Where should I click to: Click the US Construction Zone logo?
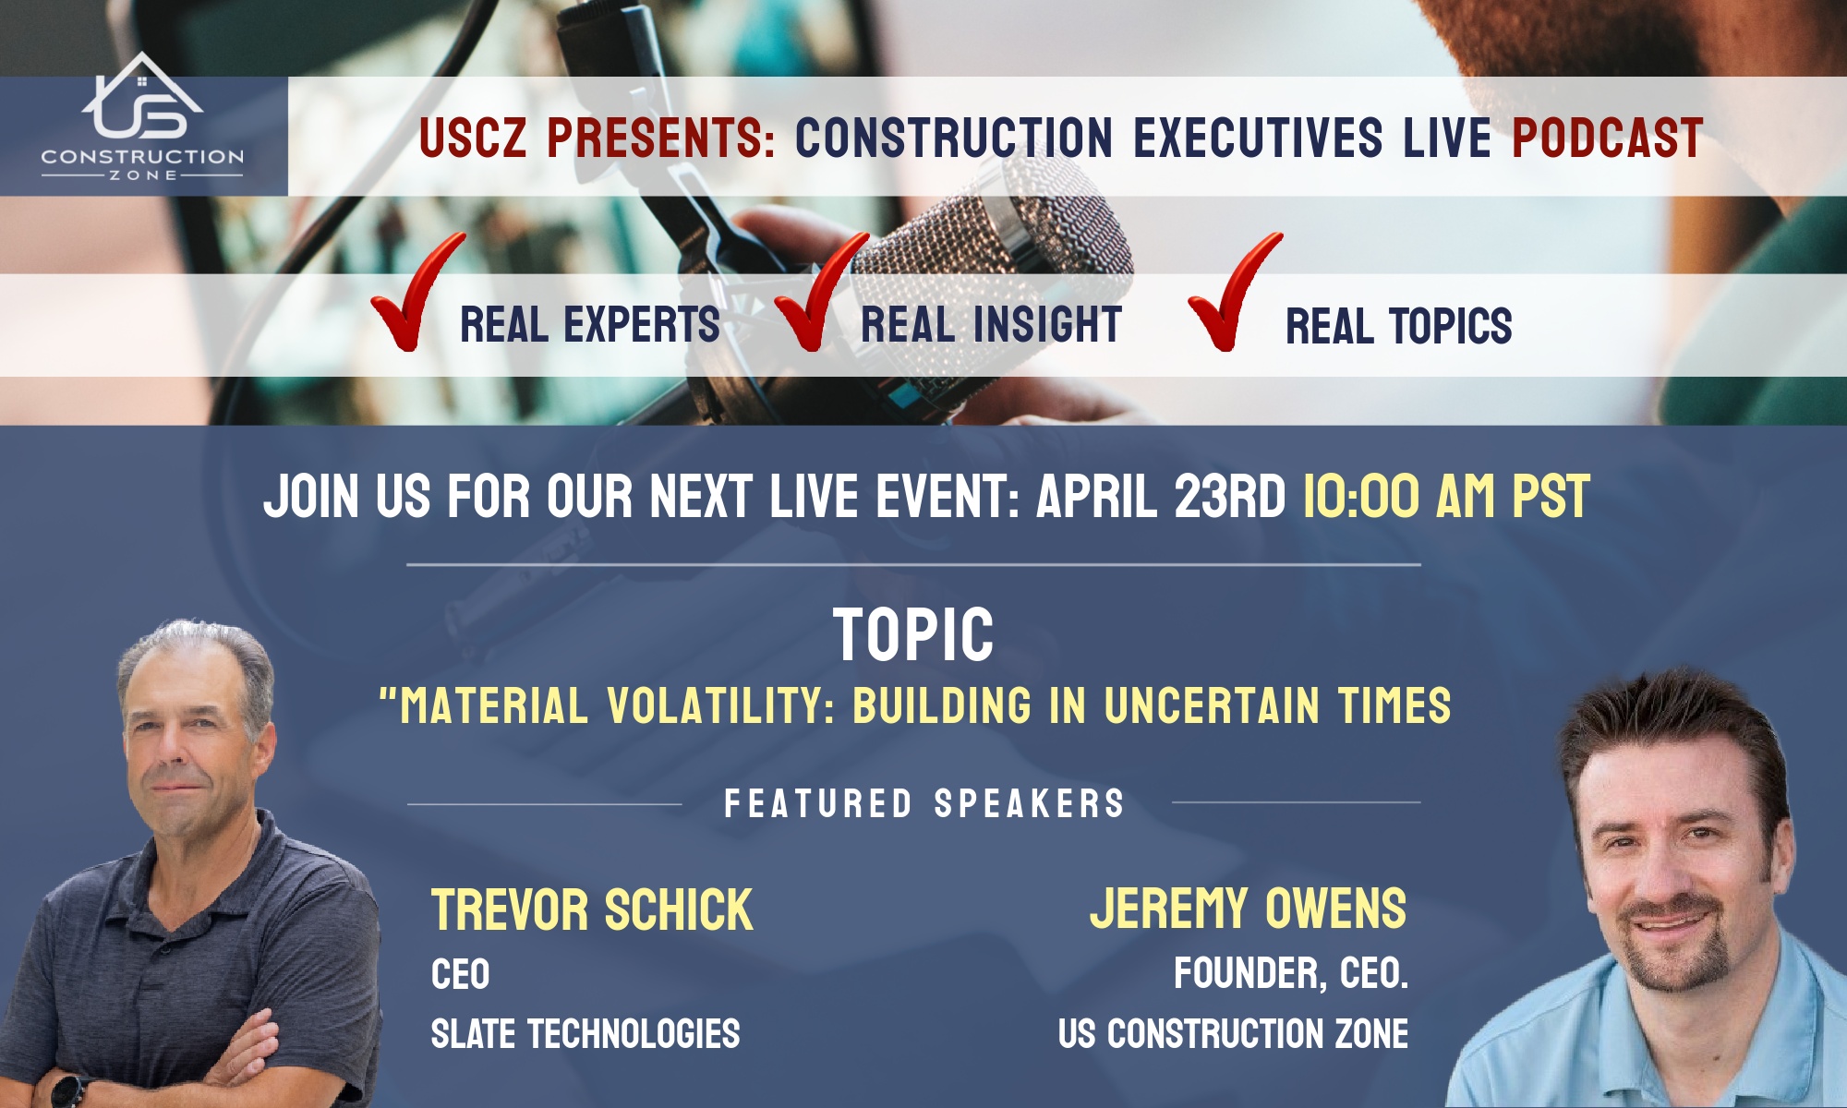pyautogui.click(x=142, y=117)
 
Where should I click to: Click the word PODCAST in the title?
pyautogui.click(x=1607, y=138)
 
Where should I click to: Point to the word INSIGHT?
pyautogui.click(x=1047, y=325)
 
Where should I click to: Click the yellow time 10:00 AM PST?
pyautogui.click(x=1446, y=497)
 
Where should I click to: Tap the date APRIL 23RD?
pyautogui.click(x=1161, y=497)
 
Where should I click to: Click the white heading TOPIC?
pyautogui.click(x=913, y=635)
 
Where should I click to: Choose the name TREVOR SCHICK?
pyautogui.click(x=592, y=910)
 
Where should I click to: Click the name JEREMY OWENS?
pyautogui.click(x=1249, y=909)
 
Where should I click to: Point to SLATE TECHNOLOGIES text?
pyautogui.click(x=585, y=1034)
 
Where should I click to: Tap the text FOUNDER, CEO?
pyautogui.click(x=1291, y=974)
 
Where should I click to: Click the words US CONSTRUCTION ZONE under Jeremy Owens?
pyautogui.click(x=1234, y=1034)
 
